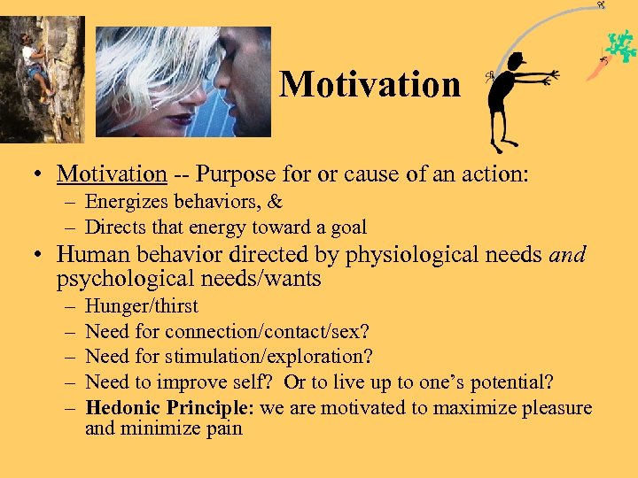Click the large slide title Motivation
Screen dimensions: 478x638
tap(370, 85)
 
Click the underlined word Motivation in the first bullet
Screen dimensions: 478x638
tap(112, 175)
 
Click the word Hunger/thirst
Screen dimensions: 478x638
tap(142, 306)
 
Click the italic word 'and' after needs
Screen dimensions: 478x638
tap(567, 255)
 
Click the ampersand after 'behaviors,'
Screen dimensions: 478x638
tap(275, 203)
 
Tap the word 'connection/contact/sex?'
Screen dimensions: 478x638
tap(267, 331)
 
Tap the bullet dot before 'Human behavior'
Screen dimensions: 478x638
tap(39, 256)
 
